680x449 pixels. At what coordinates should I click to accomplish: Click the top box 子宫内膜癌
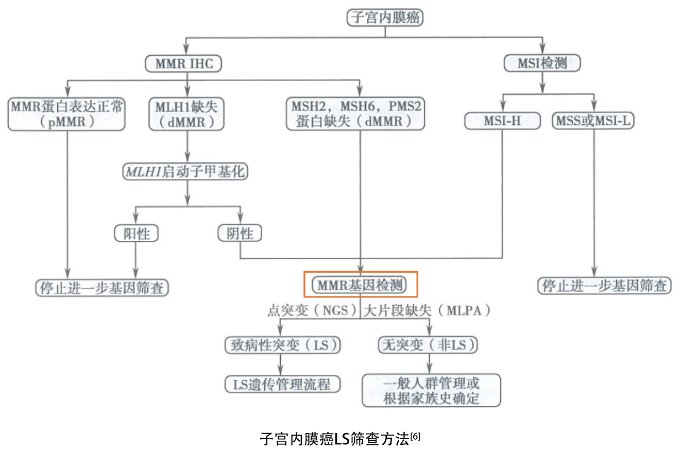pos(385,18)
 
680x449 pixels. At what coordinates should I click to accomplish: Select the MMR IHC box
pos(183,63)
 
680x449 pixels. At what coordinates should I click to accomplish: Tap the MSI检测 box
pos(542,63)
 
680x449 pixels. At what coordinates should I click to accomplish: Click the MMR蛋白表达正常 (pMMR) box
pos(66,114)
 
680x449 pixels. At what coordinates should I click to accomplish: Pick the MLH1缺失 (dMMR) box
pos(186,114)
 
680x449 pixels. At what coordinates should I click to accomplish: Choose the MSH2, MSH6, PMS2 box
pos(355,113)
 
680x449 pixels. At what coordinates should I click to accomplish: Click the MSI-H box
pos(502,121)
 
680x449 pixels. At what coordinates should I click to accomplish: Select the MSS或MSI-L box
pos(593,121)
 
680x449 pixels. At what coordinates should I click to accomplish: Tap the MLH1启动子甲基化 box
pos(185,172)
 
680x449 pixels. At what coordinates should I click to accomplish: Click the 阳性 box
pos(137,234)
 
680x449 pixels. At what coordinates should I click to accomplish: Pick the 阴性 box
pos(240,234)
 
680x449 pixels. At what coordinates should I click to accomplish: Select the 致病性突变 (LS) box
pos(283,345)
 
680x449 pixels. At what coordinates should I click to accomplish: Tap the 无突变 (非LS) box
pos(428,345)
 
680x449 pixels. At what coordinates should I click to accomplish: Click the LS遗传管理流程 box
pos(283,384)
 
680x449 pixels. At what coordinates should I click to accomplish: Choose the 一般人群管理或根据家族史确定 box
pos(431,390)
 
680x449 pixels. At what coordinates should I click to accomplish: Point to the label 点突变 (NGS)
pos(312,311)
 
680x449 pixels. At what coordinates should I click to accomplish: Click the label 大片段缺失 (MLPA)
pos(427,311)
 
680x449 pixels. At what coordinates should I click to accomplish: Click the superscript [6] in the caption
pos(415,437)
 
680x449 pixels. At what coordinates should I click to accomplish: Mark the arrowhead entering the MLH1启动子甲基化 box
pos(188,157)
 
